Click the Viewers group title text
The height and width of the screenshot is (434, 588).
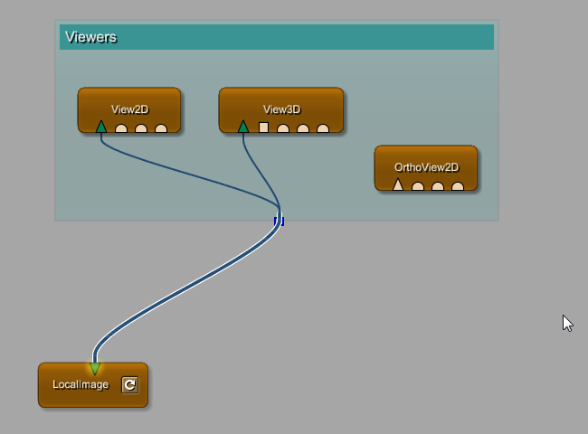(x=90, y=37)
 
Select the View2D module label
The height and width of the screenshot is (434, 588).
(x=129, y=109)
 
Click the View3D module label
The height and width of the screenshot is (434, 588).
(x=281, y=109)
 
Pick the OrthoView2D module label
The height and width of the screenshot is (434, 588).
(x=426, y=167)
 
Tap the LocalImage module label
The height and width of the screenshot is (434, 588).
(x=81, y=385)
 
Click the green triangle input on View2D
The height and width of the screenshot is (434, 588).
(x=101, y=127)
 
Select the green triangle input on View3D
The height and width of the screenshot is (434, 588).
(x=243, y=127)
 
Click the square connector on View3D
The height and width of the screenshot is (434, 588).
(x=263, y=127)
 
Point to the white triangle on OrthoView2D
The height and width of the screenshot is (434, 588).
(x=398, y=185)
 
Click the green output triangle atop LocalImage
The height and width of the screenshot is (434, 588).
(x=95, y=368)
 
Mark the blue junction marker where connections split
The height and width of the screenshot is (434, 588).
(x=280, y=220)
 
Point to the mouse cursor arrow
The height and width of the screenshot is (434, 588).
(x=567, y=323)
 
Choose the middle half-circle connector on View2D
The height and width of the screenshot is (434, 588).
(x=141, y=129)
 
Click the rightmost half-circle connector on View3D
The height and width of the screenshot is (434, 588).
(x=323, y=129)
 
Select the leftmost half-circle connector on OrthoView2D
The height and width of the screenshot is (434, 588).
(x=418, y=187)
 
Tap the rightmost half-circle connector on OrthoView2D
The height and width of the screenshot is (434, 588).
(x=458, y=187)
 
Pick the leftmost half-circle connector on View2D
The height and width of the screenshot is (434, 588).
(x=121, y=129)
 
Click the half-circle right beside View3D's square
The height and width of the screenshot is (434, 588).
(x=283, y=129)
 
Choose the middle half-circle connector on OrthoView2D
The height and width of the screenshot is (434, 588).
(x=438, y=187)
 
